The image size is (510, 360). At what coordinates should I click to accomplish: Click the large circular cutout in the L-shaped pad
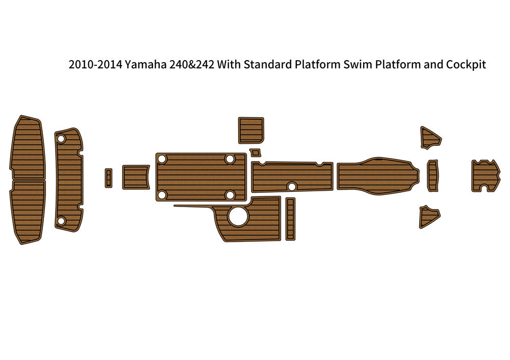click(x=237, y=217)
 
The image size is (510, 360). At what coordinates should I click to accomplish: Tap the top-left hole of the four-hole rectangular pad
click(x=162, y=159)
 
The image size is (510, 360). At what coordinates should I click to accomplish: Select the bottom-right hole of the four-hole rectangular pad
click(x=230, y=195)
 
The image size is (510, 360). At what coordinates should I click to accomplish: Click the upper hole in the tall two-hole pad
click(x=61, y=139)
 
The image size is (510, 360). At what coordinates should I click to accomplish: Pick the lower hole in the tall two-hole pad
click(x=61, y=221)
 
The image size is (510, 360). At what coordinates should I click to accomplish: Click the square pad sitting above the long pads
click(x=251, y=130)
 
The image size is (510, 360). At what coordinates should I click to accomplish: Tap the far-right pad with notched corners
click(x=485, y=175)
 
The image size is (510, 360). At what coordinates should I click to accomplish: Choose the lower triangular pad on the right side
click(x=428, y=216)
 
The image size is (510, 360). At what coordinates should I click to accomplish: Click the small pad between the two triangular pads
click(x=432, y=176)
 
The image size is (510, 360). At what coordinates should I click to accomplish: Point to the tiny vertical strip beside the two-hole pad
click(x=109, y=178)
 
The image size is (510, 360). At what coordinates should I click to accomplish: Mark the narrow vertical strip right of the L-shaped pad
click(x=290, y=219)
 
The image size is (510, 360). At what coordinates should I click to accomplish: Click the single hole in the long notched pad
click(x=292, y=186)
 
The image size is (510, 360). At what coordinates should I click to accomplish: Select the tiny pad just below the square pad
click(x=255, y=152)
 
